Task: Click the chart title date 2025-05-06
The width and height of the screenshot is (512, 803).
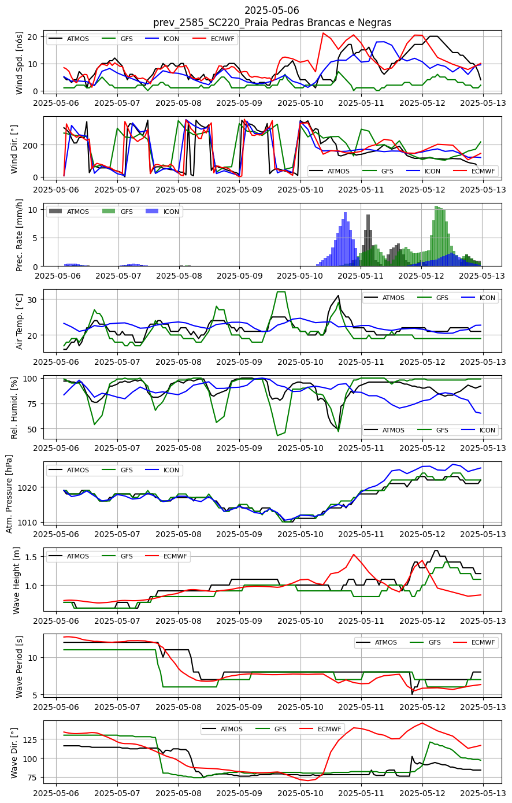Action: pyautogui.click(x=272, y=10)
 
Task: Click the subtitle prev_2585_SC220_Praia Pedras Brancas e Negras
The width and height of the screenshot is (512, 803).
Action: pyautogui.click(x=272, y=23)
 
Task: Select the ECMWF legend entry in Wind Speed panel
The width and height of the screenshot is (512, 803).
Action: pyautogui.click(x=214, y=39)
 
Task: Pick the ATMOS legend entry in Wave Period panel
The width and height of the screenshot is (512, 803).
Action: pyautogui.click(x=377, y=642)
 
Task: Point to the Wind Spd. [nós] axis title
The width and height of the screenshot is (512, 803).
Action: pyautogui.click(x=19, y=63)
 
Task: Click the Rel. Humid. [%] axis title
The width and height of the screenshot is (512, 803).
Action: pyautogui.click(x=14, y=408)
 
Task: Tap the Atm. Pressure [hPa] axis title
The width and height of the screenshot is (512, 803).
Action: pyautogui.click(x=9, y=494)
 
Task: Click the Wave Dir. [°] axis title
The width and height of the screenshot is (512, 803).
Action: pyautogui.click(x=14, y=753)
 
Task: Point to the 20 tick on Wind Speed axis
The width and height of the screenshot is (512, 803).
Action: pyautogui.click(x=32, y=37)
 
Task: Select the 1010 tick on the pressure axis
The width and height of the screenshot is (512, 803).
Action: pyautogui.click(x=28, y=522)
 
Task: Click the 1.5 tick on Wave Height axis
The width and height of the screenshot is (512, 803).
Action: pyautogui.click(x=31, y=556)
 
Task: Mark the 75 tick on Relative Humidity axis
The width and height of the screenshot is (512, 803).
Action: pyautogui.click(x=32, y=404)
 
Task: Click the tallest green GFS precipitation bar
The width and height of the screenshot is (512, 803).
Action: pyautogui.click(x=436, y=236)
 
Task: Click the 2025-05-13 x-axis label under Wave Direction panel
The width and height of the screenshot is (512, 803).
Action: pyautogui.click(x=483, y=793)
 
